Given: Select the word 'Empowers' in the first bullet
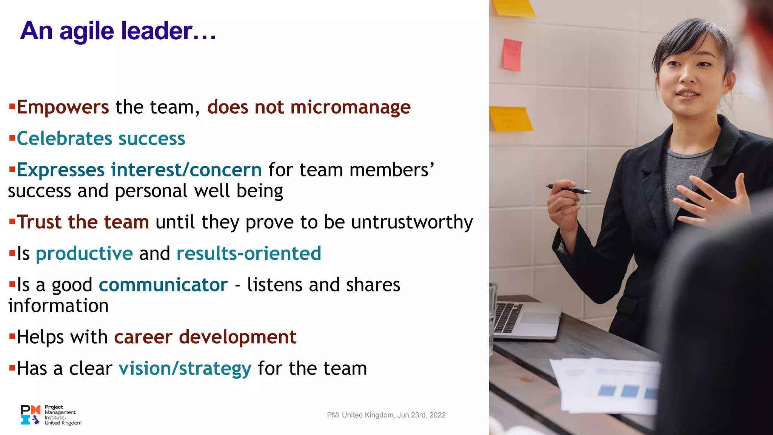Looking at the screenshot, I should [63, 107].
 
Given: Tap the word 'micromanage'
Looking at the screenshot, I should [350, 107].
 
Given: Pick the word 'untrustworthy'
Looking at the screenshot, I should [412, 222].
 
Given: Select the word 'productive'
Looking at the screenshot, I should [84, 253].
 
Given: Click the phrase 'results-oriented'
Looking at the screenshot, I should [249, 253].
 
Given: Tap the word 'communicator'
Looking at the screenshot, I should [163, 285].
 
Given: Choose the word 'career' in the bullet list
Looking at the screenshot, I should [143, 337].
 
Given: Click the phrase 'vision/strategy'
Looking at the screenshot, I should [185, 369].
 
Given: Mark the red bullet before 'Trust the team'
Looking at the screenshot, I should [12, 221].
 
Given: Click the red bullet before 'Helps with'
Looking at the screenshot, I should [12, 336].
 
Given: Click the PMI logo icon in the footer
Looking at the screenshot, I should [31, 415].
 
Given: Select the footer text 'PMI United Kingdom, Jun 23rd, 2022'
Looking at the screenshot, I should [386, 415].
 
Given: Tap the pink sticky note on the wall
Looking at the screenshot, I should [512, 55].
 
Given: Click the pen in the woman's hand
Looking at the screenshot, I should [568, 189].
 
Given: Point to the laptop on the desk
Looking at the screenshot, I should [525, 319].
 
